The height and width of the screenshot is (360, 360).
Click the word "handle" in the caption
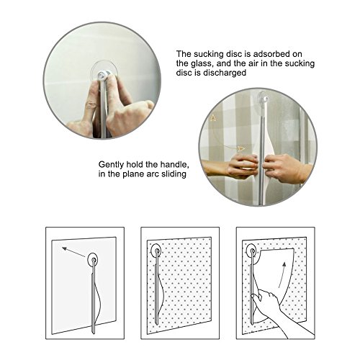click(174, 165)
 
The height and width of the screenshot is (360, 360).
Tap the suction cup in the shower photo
click(264, 97)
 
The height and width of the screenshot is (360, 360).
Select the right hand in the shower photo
click(283, 168)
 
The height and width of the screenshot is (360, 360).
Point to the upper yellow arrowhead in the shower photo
click(213, 118)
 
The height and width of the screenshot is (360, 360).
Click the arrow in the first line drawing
click(73, 252)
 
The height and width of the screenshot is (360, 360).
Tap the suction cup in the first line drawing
click(93, 260)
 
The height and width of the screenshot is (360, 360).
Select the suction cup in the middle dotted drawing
click(156, 251)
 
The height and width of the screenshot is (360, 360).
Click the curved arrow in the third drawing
click(282, 275)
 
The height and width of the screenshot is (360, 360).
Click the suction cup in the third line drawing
click(251, 251)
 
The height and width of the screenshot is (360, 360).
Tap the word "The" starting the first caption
click(184, 54)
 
